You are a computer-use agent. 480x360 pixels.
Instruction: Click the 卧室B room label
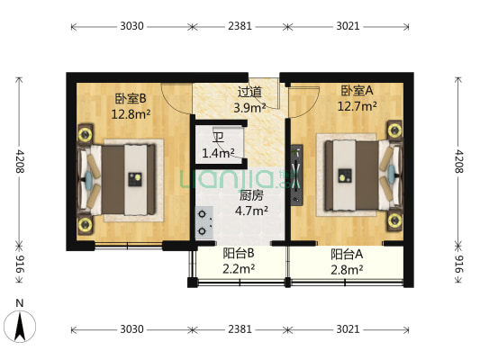[130, 99]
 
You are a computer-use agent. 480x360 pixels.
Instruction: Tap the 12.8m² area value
[130, 114]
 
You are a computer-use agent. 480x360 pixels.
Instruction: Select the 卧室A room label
[357, 91]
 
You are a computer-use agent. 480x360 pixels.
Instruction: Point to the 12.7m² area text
[357, 106]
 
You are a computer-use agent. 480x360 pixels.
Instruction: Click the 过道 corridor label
[249, 92]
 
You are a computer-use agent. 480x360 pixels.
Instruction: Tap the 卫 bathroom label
[218, 138]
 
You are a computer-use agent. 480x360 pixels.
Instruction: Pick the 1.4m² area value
[218, 154]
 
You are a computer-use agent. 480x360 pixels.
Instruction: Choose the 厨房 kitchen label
[251, 195]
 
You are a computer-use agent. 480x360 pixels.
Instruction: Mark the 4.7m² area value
[251, 211]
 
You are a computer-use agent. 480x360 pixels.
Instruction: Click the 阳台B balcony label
[239, 254]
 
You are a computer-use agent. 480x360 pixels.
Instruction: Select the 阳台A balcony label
[346, 254]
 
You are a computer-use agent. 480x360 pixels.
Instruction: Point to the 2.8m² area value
[346, 269]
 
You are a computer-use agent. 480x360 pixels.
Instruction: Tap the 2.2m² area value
[239, 269]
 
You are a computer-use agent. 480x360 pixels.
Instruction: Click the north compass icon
[20, 323]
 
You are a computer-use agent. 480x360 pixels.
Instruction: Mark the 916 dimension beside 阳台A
[459, 265]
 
